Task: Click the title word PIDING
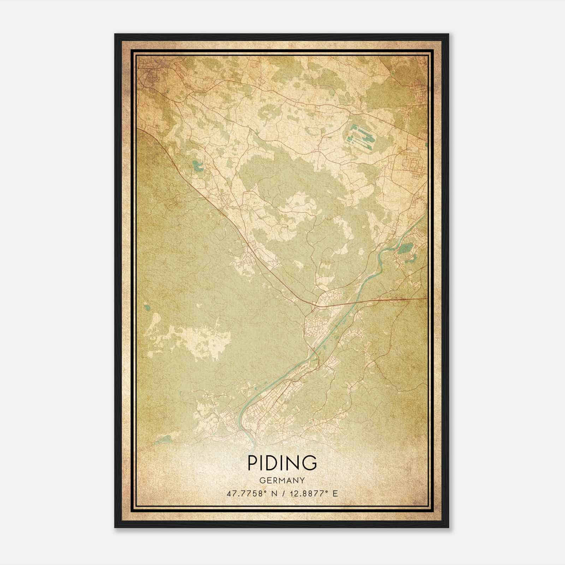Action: tap(282, 463)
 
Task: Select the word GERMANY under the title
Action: tap(282, 481)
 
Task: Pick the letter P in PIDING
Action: tap(253, 463)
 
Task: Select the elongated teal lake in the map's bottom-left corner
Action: tap(163, 440)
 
